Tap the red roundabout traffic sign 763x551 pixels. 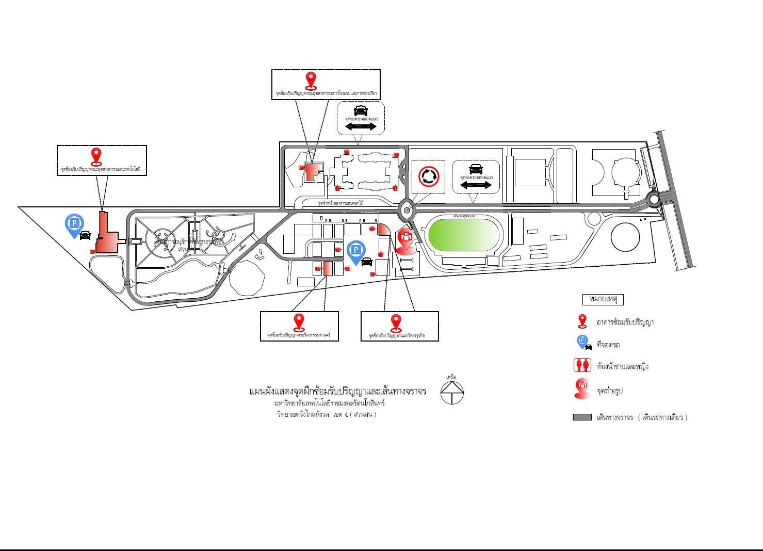click(428, 176)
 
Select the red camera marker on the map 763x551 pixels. click(406, 240)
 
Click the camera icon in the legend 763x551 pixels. click(582, 388)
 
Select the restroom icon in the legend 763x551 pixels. click(582, 366)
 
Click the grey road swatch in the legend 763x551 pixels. click(582, 417)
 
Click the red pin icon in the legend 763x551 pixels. click(582, 321)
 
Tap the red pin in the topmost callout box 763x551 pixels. click(311, 80)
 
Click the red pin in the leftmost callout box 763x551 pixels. click(95, 155)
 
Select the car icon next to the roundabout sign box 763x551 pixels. click(476, 169)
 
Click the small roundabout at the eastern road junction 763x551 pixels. click(654, 199)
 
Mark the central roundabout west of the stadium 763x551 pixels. click(407, 209)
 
